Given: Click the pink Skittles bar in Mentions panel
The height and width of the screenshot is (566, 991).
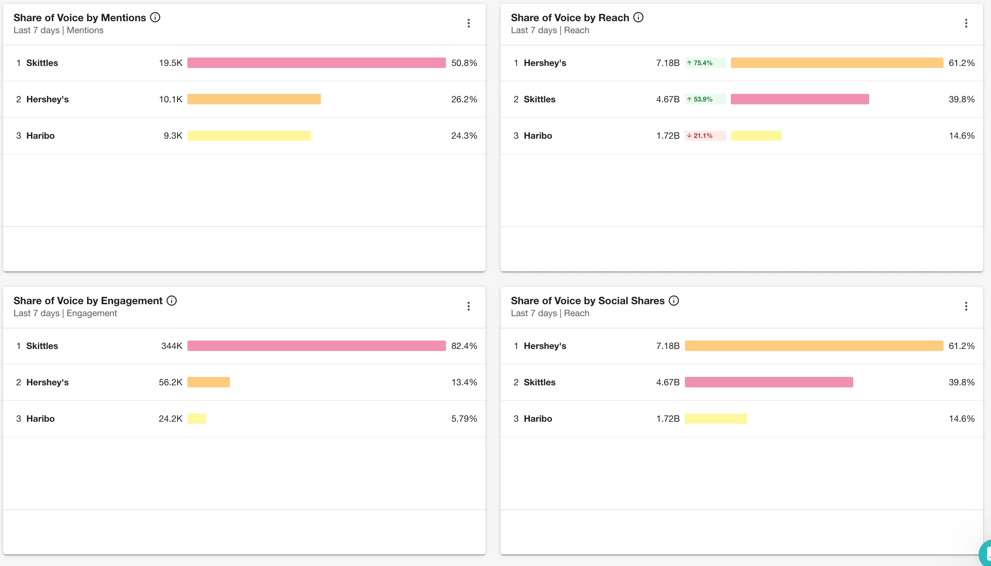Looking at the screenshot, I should [316, 63].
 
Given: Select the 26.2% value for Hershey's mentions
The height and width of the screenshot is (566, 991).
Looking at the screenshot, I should [464, 99].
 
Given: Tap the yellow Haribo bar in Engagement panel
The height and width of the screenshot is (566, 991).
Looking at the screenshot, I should [196, 419].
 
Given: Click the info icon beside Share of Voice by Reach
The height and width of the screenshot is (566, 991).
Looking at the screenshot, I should [639, 17].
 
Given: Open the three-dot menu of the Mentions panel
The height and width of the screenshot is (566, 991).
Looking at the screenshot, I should [469, 23].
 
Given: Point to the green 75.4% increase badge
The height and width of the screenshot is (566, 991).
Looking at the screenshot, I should [705, 63].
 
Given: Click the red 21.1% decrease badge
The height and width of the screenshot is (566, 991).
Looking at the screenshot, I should [705, 136].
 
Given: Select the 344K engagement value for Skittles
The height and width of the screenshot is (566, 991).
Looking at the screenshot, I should [171, 346].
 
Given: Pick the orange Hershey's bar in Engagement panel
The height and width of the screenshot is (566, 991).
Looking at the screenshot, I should [208, 382].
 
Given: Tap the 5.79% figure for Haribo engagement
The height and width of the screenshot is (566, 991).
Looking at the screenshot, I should [464, 419].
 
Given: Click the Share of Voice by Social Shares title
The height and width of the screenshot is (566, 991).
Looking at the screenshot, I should [587, 301].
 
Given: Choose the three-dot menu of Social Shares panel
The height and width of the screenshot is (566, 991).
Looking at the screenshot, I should [966, 306].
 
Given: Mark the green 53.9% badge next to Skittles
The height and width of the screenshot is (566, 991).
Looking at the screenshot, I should [705, 99].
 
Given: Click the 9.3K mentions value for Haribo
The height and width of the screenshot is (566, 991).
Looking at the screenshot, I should [173, 136].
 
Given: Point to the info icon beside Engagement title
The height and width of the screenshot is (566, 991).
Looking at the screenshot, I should [171, 301].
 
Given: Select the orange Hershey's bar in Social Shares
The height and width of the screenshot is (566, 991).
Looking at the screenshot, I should [814, 346].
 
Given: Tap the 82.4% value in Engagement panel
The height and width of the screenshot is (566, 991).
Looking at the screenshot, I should [464, 346].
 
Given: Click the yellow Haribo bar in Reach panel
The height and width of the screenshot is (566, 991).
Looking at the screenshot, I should [756, 136].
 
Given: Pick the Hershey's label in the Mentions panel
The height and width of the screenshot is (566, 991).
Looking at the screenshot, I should [48, 99].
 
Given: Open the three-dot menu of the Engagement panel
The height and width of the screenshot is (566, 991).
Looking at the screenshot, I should [469, 306].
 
